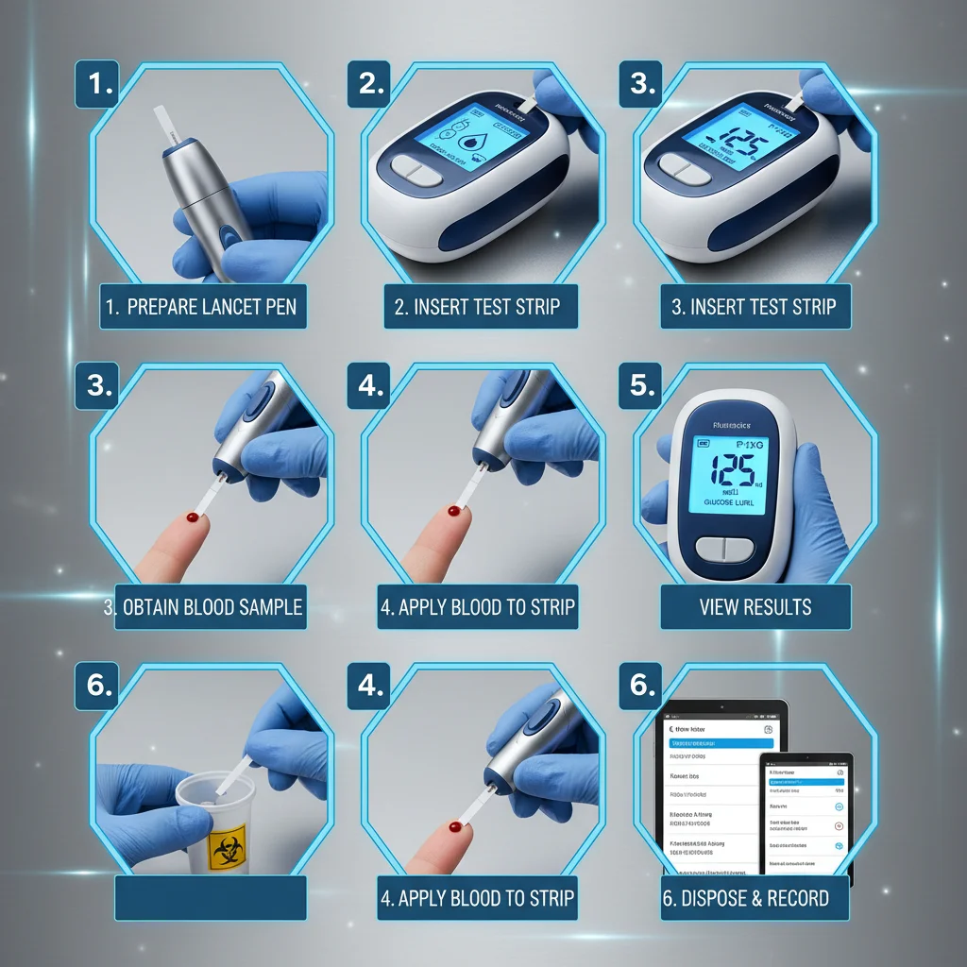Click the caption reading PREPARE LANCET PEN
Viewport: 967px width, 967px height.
point(203,307)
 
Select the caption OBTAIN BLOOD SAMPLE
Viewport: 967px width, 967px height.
point(203,606)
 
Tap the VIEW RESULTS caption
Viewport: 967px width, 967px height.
point(755,606)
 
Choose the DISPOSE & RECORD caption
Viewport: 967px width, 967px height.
point(755,898)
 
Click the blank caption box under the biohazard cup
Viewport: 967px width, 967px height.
point(210,898)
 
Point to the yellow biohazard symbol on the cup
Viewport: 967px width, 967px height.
point(226,849)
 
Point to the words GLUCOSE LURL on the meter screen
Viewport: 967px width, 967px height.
point(730,504)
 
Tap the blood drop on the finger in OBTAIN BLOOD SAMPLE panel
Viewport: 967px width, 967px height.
point(194,518)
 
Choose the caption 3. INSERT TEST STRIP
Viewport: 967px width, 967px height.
point(755,307)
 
